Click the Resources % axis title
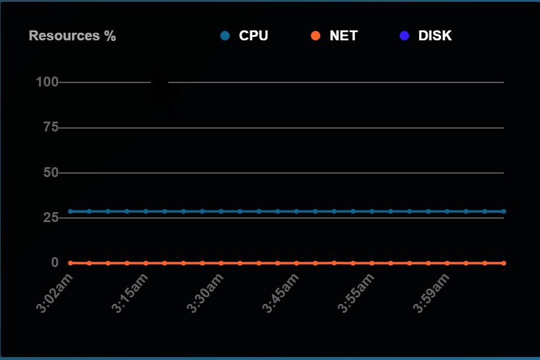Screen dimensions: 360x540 72,36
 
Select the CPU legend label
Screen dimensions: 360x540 254,36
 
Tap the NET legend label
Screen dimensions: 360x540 344,36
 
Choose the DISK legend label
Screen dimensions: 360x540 435,36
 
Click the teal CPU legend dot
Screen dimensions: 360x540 225,36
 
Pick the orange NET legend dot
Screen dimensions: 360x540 316,36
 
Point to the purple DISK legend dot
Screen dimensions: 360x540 404,36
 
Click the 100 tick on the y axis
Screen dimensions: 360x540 47,82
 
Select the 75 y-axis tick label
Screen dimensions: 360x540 51,127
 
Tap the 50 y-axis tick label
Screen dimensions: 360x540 51,172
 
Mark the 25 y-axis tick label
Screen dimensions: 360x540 51,217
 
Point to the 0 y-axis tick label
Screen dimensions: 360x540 55,262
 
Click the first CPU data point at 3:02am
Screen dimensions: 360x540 71,211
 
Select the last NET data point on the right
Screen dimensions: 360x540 504,263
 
